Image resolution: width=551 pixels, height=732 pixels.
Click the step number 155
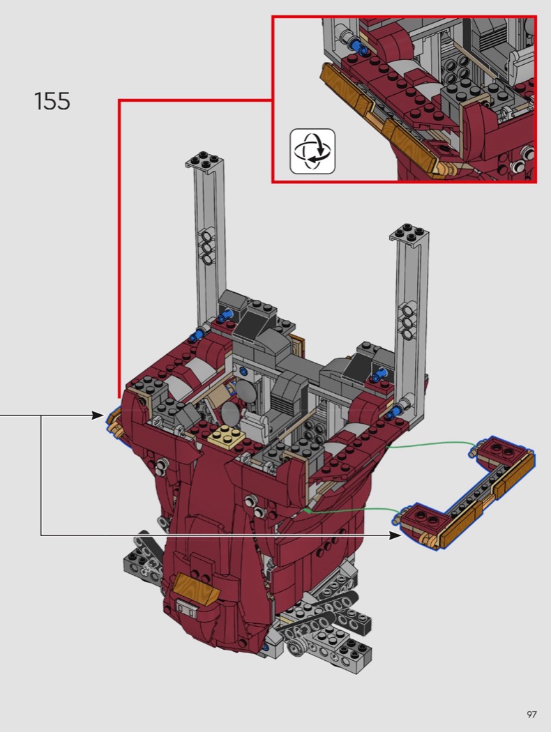pyautogui.click(x=52, y=101)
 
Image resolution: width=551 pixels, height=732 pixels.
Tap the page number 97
pyautogui.click(x=531, y=715)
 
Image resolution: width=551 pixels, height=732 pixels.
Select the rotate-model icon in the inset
pyautogui.click(x=312, y=152)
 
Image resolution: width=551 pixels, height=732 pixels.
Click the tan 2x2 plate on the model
pyautogui.click(x=227, y=438)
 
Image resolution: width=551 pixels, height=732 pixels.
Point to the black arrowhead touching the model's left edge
pyautogui.click(x=98, y=415)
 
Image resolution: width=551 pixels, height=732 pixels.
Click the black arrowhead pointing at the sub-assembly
pyautogui.click(x=395, y=536)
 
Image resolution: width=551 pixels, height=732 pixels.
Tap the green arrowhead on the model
pyautogui.click(x=308, y=511)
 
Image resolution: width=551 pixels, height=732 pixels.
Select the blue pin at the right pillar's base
pyautogui.click(x=397, y=411)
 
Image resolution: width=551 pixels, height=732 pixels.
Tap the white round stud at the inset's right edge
pyautogui.click(x=529, y=154)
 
